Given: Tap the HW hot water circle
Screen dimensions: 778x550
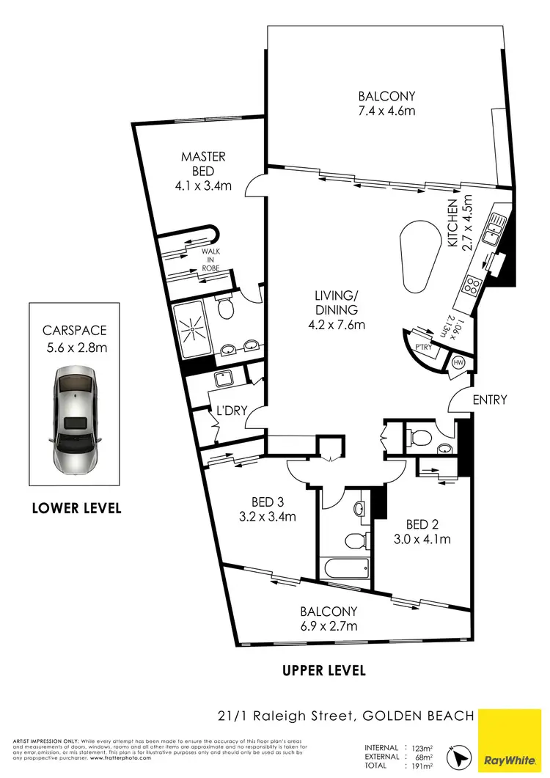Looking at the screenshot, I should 459,363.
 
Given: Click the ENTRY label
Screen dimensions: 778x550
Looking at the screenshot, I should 490,400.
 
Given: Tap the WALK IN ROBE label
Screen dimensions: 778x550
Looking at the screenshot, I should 211,260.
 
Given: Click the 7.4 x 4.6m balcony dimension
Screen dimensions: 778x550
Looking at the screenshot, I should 386,111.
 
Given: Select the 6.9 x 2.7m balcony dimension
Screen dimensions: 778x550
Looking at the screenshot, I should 328,626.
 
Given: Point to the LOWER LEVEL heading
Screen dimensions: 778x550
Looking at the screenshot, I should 76,507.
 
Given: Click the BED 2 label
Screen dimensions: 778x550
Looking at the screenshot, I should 422,524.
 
